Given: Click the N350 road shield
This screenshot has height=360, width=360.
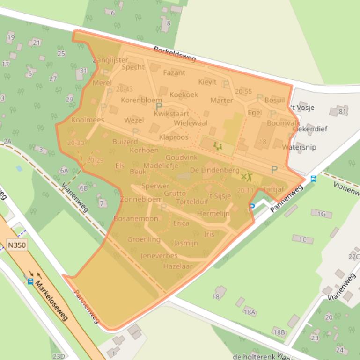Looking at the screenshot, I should pos(17,244).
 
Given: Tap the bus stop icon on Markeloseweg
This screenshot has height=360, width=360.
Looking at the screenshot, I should pos(30,281).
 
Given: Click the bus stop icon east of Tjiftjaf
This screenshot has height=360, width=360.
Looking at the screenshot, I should pos(313,179).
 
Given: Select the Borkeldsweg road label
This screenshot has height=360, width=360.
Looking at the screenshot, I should pos(175,55).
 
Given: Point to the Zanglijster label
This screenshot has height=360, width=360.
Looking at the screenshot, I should pos(110,60).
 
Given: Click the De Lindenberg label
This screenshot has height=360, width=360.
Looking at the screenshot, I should pos(214,170).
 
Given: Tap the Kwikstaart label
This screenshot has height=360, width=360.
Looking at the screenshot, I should pos(171,114).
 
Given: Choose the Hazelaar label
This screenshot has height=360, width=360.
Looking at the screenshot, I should pos(177,266).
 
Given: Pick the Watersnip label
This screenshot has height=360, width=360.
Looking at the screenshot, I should pos(299,147).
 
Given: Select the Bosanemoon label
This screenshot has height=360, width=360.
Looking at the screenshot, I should pos(136,219).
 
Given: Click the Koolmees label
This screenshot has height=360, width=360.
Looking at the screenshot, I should pos(88,120).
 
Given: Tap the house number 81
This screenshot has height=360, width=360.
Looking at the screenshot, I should pos(343,111).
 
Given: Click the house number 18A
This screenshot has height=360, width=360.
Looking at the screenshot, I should pos(250,312).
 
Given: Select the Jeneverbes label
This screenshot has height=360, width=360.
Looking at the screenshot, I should pos(159,256).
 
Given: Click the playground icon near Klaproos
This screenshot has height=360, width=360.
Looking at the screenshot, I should pos(217,146).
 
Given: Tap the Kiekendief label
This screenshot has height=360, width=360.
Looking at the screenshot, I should pos(309,129).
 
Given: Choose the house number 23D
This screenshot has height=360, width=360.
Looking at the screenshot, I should pos(59,356).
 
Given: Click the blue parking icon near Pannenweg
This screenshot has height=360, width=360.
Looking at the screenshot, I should pos(252,206).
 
